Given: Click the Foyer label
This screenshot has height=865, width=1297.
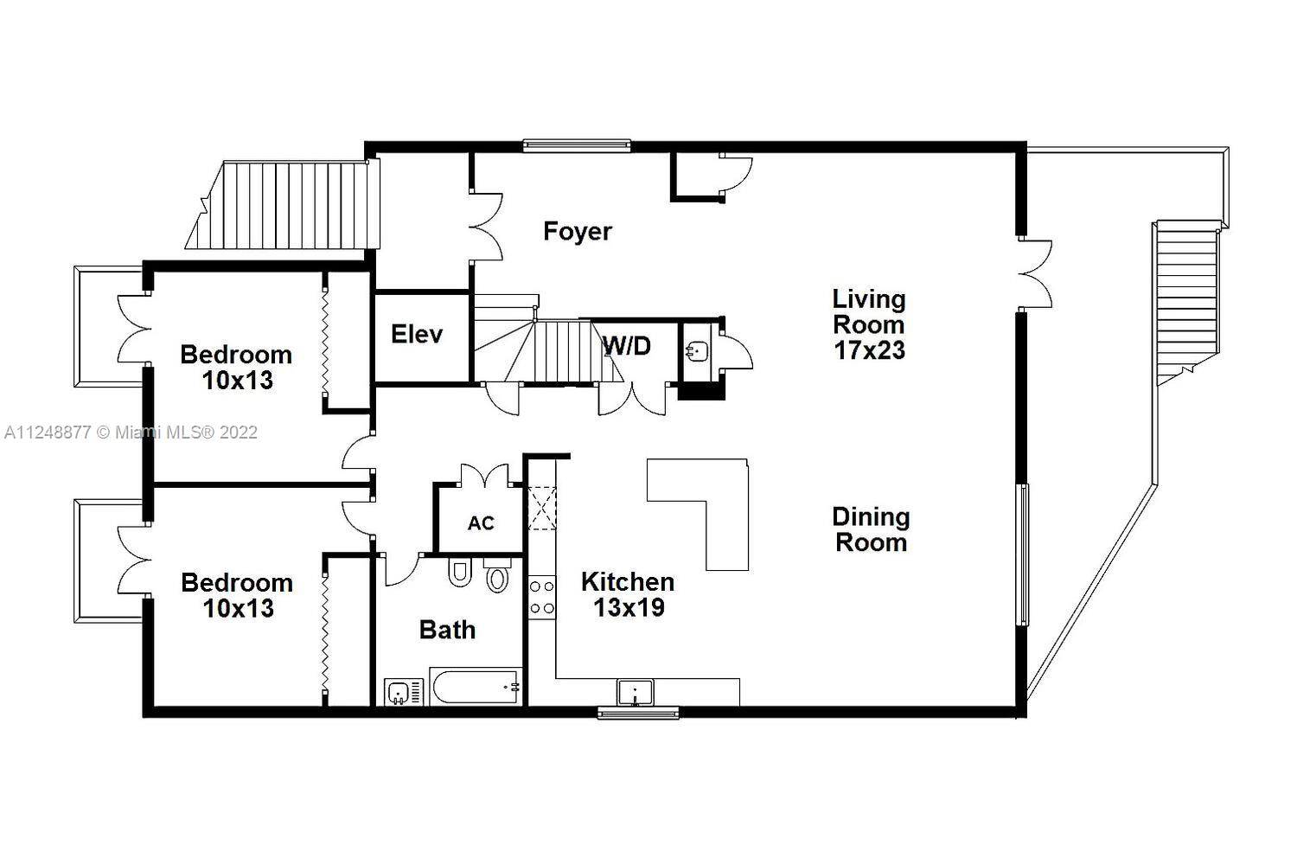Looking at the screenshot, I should pos(577,231).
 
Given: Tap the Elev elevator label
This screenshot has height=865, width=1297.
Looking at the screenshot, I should pos(417,334).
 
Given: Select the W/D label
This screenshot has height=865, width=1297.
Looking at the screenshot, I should pos(627,346).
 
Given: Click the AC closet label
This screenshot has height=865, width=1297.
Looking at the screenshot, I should pos(481,523).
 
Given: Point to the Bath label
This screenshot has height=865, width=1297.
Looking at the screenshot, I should pos(447,630).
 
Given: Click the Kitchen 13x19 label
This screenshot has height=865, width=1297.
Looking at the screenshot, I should pos(628,594).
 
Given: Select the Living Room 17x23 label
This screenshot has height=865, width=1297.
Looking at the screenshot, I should pos(869,324).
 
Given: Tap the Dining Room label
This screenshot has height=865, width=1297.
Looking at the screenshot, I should pos(871,529).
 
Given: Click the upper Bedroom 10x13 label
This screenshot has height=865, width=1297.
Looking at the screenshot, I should pos(236,367).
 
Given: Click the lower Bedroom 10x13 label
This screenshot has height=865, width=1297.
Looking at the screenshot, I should pos(236,595).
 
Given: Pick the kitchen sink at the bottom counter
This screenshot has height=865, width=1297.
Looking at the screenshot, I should pos(636,693).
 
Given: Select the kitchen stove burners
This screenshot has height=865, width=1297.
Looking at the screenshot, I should pos(542,597).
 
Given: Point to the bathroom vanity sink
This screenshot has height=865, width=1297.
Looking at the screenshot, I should pos(399,692).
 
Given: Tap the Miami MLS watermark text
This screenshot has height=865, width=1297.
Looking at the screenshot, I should pos(131,432).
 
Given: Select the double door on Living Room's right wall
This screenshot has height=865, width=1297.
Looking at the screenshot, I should pos(1034,272).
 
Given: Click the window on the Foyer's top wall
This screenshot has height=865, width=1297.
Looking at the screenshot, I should pos(576,145).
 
